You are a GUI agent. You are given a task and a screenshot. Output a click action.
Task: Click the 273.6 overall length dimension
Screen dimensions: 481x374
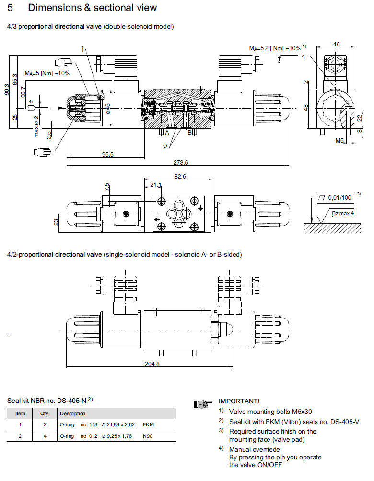[x=182, y=162]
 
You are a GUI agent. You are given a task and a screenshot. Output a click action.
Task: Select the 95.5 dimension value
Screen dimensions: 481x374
[x=108, y=154]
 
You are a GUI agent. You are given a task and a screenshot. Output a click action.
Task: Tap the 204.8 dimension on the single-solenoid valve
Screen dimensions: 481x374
[x=152, y=364]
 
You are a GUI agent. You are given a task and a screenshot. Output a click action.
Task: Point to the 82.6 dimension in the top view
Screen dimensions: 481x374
[x=180, y=177]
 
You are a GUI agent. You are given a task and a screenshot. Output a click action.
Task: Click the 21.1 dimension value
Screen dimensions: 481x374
[x=156, y=184]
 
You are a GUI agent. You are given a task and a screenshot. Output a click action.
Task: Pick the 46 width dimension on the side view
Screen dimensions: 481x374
[x=336, y=45]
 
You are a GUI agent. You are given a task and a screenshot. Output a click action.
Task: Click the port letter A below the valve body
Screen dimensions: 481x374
[x=167, y=132]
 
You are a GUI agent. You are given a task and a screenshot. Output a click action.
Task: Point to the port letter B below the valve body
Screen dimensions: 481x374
[x=189, y=132]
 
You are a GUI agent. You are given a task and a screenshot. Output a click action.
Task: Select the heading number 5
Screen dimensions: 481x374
[x=11, y=8]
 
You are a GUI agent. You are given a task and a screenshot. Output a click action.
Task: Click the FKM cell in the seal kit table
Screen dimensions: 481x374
[x=149, y=424]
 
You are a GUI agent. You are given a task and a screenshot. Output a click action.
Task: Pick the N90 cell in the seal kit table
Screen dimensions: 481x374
[x=149, y=436]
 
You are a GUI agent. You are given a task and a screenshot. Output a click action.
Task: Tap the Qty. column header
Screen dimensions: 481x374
[x=45, y=413]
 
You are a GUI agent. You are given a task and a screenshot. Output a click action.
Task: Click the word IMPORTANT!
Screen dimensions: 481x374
[x=239, y=401]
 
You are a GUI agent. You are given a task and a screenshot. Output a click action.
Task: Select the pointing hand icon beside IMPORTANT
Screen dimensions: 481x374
[x=203, y=404]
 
